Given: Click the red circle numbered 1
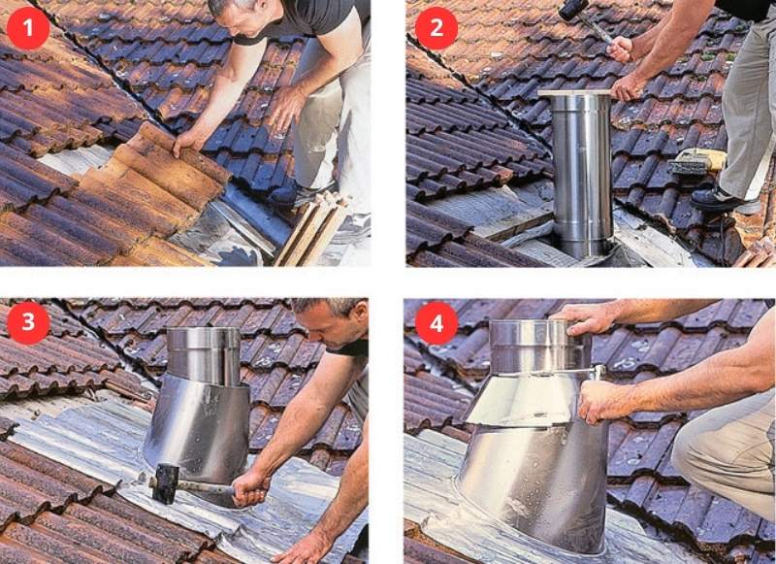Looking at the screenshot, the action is pos(28,28).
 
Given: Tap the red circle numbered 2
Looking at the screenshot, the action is pos(436,28).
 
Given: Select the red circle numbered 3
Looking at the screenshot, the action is pos(28,322).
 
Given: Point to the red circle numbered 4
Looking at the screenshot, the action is pos(436,323).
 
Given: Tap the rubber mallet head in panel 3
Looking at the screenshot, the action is pos(166,483).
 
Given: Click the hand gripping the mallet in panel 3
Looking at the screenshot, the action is pos(250,487).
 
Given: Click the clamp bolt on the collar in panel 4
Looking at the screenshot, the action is pos(599,372).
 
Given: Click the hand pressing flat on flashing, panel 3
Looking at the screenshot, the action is pos(302,548).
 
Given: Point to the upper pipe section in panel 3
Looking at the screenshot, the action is pos(204,355).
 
